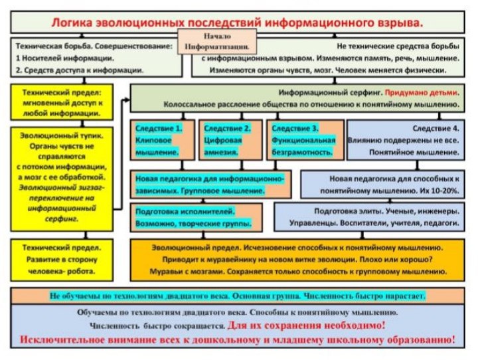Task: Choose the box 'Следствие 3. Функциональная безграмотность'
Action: [304, 140]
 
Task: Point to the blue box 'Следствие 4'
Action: [406, 140]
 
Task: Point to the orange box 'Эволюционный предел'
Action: [296, 259]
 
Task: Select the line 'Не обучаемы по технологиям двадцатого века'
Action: [238, 295]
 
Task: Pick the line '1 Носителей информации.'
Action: [58, 58]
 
